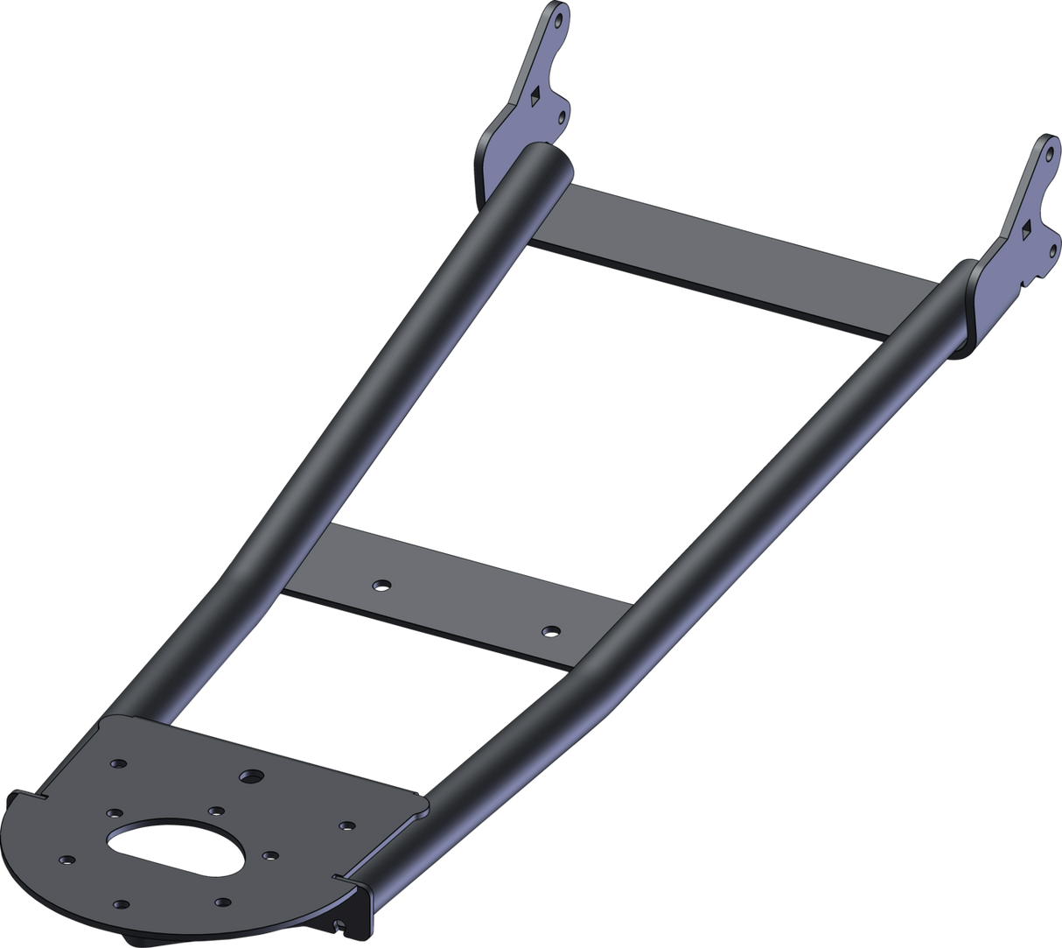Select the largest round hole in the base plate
(253, 776)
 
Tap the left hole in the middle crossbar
(379, 584)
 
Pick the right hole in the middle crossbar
(549, 630)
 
